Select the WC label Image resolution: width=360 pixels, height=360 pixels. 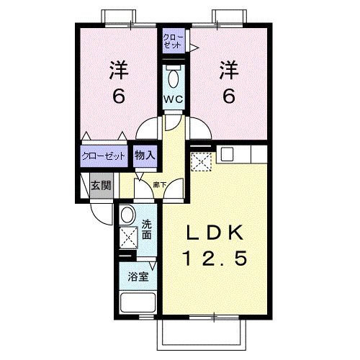(173, 98)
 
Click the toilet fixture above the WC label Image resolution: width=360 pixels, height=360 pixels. (173, 76)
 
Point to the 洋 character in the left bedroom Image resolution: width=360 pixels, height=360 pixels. (118, 71)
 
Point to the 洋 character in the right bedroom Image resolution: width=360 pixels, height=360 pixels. (228, 71)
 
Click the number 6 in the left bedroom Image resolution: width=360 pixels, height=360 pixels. (118, 95)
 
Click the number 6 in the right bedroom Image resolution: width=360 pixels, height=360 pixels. (228, 95)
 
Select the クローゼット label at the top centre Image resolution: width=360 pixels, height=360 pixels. (173, 40)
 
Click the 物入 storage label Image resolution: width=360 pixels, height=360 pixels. (145, 155)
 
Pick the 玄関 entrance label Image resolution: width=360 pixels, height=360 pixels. (101, 184)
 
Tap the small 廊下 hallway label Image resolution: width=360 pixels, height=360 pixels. (160, 185)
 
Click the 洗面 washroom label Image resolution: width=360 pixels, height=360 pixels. (147, 228)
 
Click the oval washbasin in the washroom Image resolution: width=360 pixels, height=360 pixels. (127, 215)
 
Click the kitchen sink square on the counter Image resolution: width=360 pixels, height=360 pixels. (227, 153)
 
